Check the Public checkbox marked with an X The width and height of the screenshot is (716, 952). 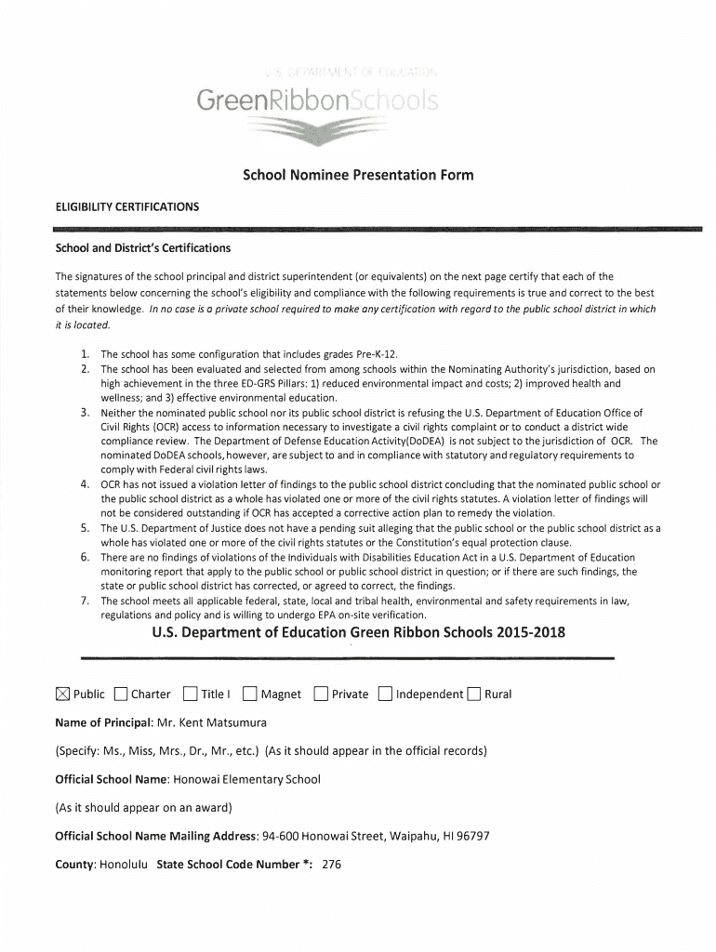click(x=62, y=694)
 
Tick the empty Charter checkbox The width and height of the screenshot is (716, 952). click(x=121, y=694)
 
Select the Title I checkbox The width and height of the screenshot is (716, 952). click(x=191, y=694)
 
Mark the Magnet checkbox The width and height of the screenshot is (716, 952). click(x=249, y=694)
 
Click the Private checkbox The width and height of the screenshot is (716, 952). click(x=321, y=694)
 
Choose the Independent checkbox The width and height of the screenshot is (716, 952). click(x=385, y=694)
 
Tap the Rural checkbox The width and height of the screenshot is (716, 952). click(x=474, y=694)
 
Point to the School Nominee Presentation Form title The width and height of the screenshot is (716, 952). click(x=358, y=175)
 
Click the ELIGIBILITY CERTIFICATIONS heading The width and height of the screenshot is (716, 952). click(x=127, y=206)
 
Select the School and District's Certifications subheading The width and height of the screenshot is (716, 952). click(x=143, y=248)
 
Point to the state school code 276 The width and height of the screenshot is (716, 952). click(x=332, y=864)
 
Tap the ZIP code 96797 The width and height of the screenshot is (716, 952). click(x=471, y=836)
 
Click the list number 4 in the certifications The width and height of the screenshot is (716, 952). click(x=85, y=484)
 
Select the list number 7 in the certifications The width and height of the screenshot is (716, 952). click(x=85, y=601)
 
